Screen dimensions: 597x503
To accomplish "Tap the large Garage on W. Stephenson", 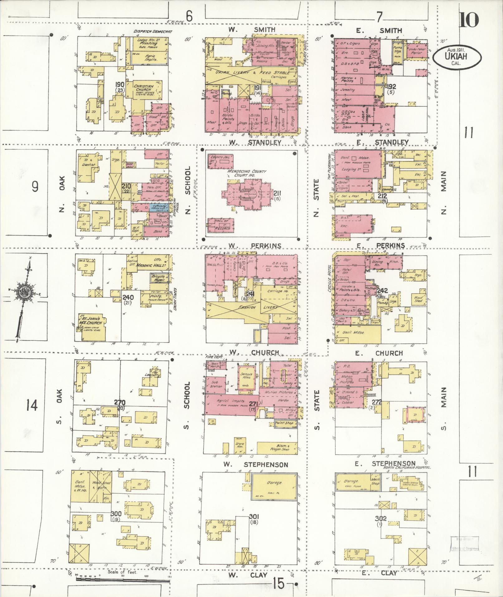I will click(274, 483).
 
